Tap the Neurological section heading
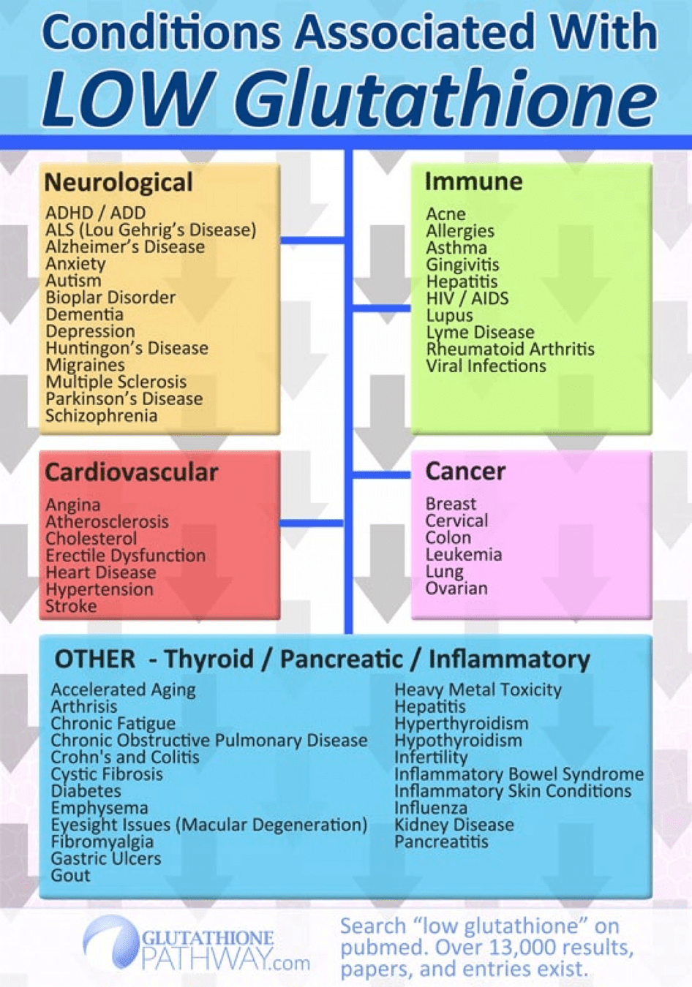[x=119, y=182]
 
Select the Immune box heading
[x=473, y=181]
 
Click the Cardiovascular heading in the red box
[x=132, y=472]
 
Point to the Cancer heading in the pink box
[x=465, y=472]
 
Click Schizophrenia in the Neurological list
[x=102, y=416]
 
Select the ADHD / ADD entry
[x=95, y=213]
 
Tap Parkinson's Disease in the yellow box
[x=124, y=399]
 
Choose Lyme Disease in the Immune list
[x=480, y=333]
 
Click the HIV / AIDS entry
[x=467, y=298]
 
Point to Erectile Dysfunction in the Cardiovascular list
[x=126, y=556]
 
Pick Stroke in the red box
[x=71, y=606]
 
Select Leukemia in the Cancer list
[x=464, y=554]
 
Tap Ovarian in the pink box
[x=456, y=588]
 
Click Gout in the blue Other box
[x=70, y=875]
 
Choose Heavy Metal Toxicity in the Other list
[x=478, y=689]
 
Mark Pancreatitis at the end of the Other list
[x=441, y=842]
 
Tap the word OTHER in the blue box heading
[x=94, y=659]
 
